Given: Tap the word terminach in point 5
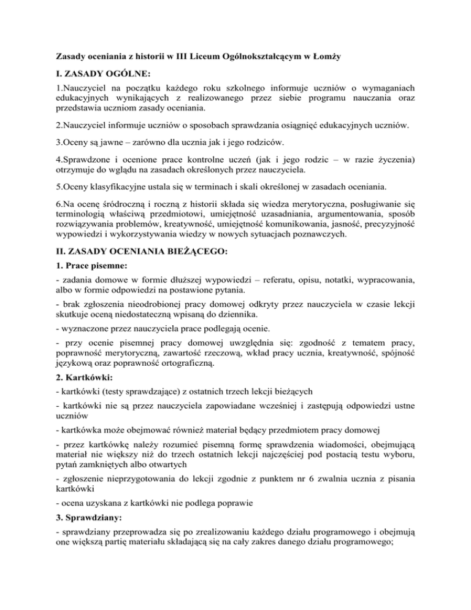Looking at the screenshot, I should pyautogui.click(x=223, y=190).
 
